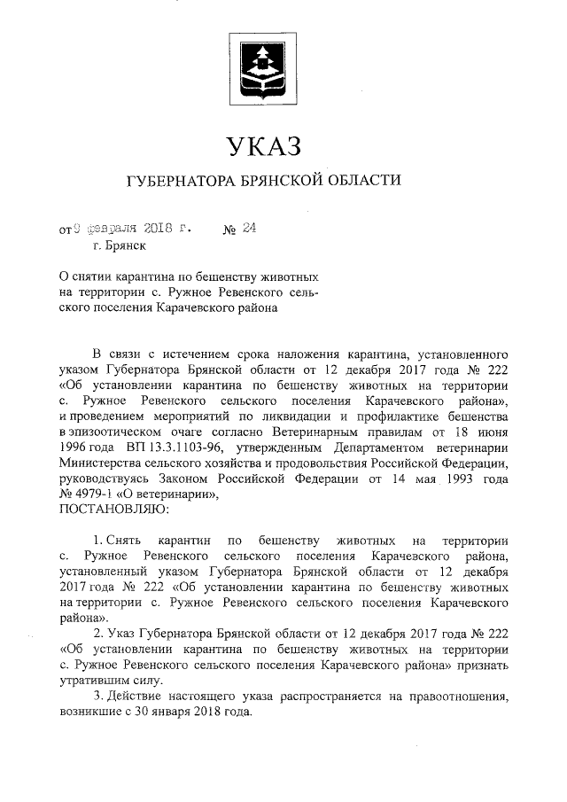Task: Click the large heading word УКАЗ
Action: [264, 144]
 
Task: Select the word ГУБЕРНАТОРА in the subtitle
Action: [183, 181]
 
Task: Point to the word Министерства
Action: [101, 463]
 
